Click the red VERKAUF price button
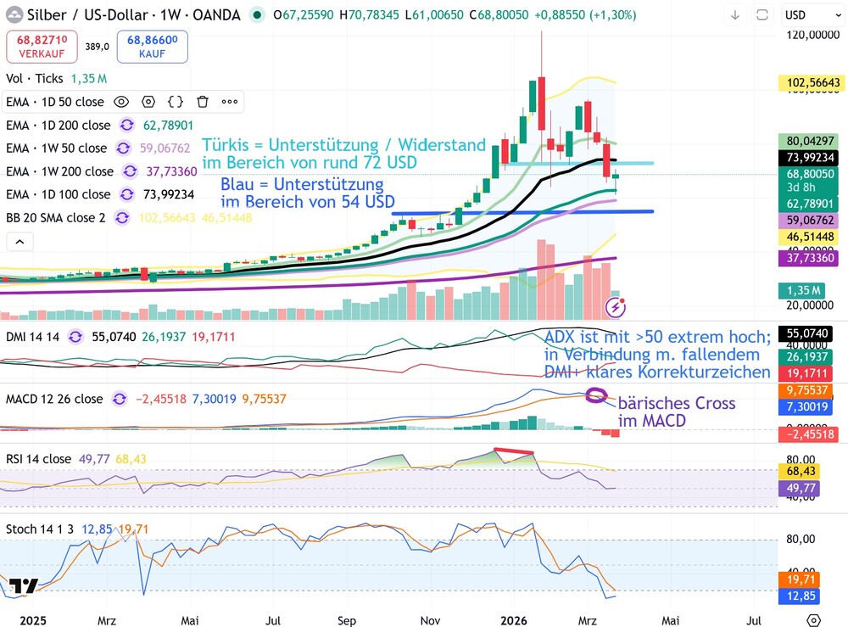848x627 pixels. point(41,47)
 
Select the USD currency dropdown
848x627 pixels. point(806,14)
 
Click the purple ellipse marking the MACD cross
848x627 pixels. point(597,395)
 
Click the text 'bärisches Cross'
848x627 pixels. point(677,403)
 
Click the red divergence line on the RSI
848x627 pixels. point(515,452)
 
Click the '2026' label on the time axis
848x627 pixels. point(515,620)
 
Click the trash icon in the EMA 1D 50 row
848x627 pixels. point(203,102)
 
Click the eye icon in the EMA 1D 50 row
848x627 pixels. point(121,102)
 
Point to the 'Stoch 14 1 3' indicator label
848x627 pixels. point(40,529)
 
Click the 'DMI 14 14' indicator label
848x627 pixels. point(32,336)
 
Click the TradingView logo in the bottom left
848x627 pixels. point(25,586)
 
